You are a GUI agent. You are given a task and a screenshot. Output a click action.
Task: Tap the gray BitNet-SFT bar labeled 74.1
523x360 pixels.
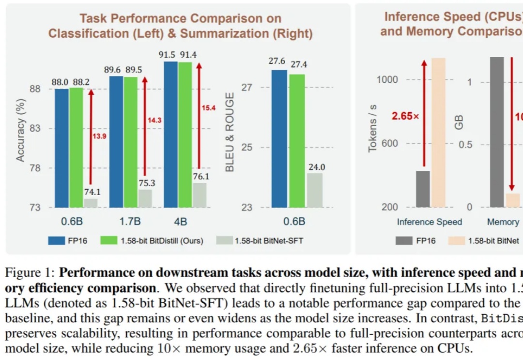click(x=90, y=203)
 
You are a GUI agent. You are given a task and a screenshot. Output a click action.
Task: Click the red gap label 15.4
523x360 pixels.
click(x=208, y=108)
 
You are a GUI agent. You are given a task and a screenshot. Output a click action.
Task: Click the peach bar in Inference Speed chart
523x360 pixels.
click(x=439, y=132)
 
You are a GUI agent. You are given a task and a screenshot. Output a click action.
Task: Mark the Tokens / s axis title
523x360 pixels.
click(x=372, y=128)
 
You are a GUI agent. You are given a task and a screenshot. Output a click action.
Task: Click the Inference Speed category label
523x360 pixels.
click(x=430, y=222)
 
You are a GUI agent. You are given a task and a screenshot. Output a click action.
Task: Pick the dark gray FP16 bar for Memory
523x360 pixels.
click(x=497, y=132)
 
